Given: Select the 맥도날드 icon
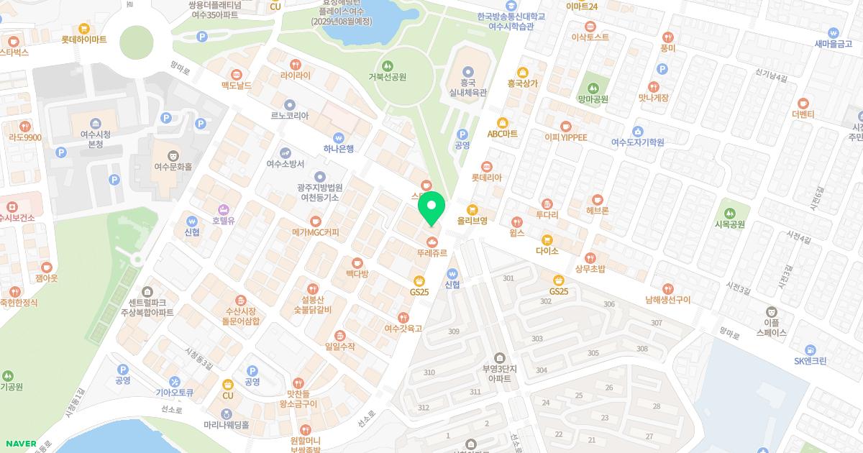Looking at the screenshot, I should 237,74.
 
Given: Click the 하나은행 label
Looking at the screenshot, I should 339,149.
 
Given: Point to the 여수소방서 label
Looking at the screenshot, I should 286,164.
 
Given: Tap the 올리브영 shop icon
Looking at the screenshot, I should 472,209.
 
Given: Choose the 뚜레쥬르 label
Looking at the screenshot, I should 431,253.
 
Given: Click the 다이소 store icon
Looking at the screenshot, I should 547,239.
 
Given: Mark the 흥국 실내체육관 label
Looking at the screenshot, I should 468,88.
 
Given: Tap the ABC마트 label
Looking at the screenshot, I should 502,134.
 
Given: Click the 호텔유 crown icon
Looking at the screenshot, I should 224,209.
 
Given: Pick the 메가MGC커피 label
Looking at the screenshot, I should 315,232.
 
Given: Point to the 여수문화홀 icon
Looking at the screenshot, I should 173,155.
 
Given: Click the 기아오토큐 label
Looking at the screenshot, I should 175,393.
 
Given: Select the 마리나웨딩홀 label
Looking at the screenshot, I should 225,425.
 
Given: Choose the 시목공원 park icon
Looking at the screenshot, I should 730,213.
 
